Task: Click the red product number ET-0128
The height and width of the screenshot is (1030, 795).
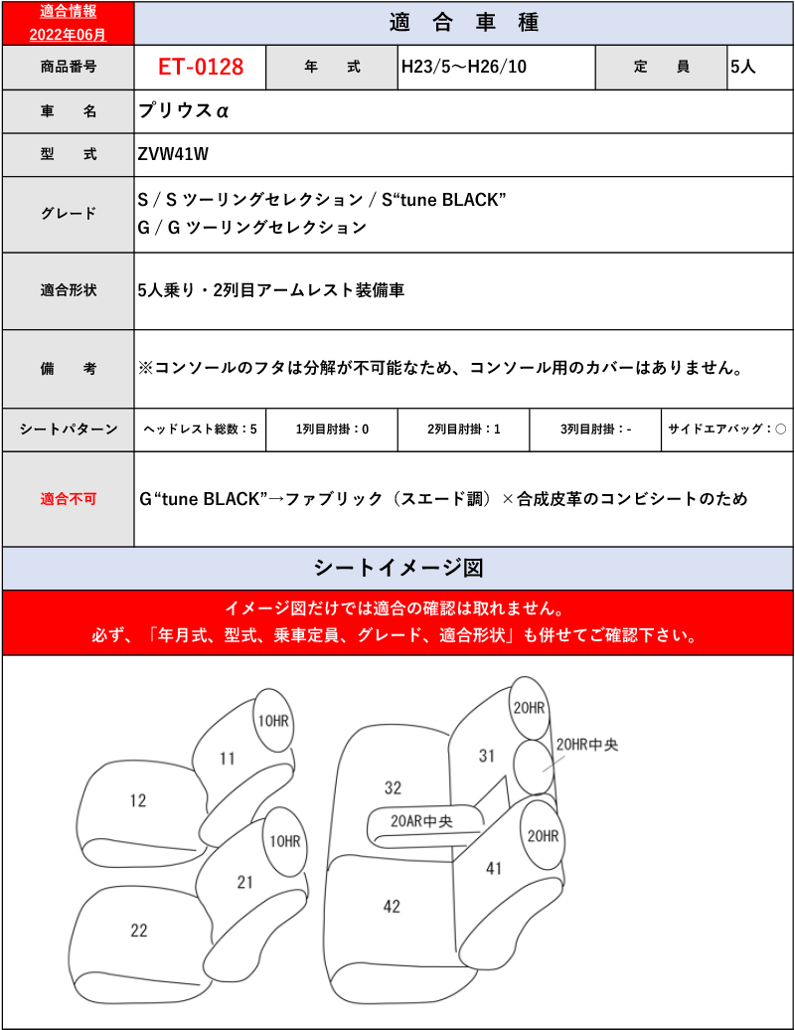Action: [200, 68]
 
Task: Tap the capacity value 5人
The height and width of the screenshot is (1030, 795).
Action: [743, 68]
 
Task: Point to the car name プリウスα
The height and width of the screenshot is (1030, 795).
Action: [184, 110]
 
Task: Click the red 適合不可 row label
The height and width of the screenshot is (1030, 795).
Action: [69, 498]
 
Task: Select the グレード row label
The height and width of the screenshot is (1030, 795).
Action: [69, 214]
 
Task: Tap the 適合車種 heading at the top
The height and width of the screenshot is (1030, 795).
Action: [463, 22]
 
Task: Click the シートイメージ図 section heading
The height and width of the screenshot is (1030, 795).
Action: [397, 568]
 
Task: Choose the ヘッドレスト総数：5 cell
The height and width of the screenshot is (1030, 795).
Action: [200, 429]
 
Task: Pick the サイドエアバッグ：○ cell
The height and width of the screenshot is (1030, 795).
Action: [727, 429]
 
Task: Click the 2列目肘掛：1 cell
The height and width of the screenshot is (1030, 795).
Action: [463, 429]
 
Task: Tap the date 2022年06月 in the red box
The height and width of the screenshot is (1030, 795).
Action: [68, 34]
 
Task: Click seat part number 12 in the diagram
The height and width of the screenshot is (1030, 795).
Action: [138, 799]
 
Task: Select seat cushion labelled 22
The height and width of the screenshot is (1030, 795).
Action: [139, 931]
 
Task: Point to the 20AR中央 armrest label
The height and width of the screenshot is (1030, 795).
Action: [421, 821]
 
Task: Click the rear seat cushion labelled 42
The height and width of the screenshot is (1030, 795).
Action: [392, 905]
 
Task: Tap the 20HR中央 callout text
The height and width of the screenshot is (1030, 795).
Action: [587, 744]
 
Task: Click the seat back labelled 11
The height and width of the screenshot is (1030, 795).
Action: [228, 759]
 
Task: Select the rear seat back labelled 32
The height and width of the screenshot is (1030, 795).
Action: [393, 787]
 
